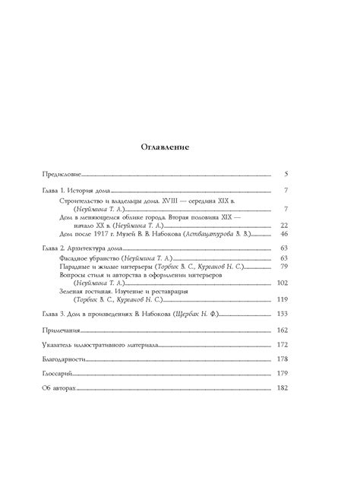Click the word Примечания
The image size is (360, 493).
[x=62, y=330]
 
